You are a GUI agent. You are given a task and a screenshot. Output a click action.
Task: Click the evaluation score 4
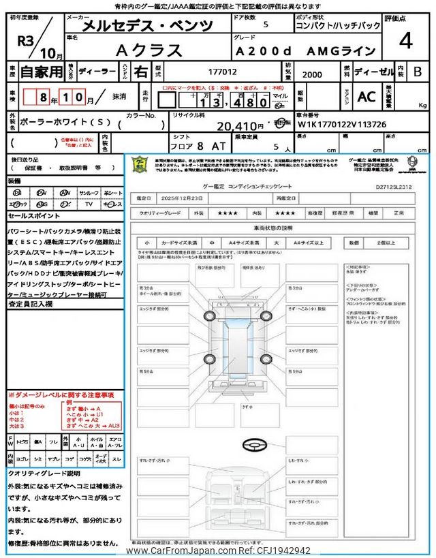[x=406, y=41]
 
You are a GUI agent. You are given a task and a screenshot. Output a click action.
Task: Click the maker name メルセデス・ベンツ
[x=146, y=27]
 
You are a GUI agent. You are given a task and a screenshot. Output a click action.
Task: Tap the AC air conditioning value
[x=366, y=97]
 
